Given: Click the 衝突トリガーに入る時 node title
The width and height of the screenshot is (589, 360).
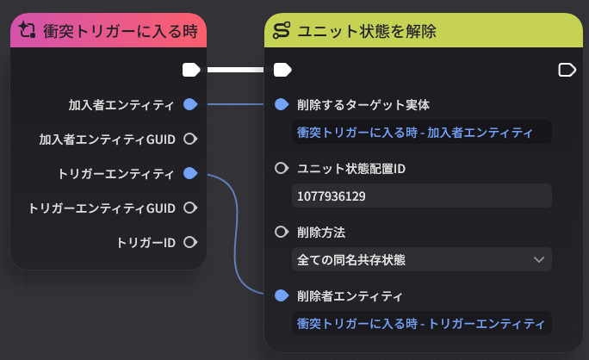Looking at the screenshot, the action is pos(121,31).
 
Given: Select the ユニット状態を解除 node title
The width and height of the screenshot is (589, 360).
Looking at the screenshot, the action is pos(367,31).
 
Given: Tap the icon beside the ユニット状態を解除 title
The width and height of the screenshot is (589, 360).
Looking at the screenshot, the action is pos(282,30).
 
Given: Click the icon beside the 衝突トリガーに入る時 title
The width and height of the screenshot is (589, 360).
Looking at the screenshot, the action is pos(27,30).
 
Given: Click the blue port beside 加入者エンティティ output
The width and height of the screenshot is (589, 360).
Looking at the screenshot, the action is pos(190,104).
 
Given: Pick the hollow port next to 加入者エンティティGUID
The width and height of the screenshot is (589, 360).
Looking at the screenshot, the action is pos(190,139).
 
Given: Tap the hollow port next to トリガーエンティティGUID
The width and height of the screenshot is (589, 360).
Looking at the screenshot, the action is pos(190,208).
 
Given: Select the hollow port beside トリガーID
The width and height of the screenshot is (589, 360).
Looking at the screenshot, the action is pos(190,242).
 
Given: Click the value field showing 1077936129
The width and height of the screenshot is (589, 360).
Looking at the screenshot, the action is pos(422,196).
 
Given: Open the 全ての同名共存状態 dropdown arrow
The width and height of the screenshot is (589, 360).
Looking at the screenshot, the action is pos(539,260).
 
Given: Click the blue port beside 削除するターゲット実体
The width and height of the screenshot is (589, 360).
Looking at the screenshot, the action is pos(282,104).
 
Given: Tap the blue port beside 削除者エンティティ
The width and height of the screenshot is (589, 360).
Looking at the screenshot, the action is pos(282,295).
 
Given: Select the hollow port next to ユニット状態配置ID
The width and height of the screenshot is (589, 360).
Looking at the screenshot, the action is pos(282,168).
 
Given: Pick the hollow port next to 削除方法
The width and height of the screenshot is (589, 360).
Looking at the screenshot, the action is pos(282,232).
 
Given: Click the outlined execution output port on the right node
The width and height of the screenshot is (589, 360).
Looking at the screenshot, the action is pos(567,70).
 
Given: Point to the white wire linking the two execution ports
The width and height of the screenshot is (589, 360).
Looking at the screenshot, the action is pos(236,70).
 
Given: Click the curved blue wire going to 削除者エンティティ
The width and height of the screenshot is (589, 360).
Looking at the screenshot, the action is pos(236,234).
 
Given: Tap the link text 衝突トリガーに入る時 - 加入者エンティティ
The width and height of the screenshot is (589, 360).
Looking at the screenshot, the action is pos(415,133).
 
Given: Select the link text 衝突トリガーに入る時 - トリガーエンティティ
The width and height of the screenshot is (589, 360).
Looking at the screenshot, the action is pos(421,324).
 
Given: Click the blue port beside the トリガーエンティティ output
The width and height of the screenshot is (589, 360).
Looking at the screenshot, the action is pos(190,173).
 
